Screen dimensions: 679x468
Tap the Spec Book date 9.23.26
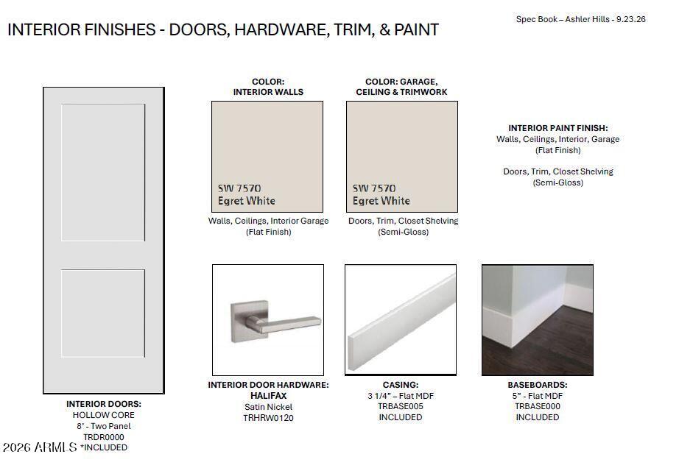tap(631, 19)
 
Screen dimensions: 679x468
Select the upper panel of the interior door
tap(103, 172)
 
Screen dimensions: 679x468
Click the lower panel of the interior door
tap(103, 313)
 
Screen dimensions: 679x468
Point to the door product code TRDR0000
tap(104, 437)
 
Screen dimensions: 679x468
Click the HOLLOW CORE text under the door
tap(104, 415)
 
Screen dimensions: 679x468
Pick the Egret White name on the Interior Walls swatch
tap(247, 201)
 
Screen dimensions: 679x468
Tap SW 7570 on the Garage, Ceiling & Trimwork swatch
tap(373, 188)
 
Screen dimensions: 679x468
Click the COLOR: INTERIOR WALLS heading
tap(268, 87)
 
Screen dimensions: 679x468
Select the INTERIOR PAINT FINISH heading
tap(557, 128)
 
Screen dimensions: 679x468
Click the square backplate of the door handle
tap(240, 322)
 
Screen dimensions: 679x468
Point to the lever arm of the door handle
tap(288, 325)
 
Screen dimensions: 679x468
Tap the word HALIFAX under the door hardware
tap(269, 396)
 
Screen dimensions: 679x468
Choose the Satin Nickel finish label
tap(269, 407)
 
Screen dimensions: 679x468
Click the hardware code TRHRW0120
tap(269, 418)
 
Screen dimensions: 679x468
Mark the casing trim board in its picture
tap(401, 322)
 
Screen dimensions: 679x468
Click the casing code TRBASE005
tap(401, 407)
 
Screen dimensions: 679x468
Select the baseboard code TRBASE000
tap(538, 407)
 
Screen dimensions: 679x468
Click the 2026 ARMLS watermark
tap(40, 447)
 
